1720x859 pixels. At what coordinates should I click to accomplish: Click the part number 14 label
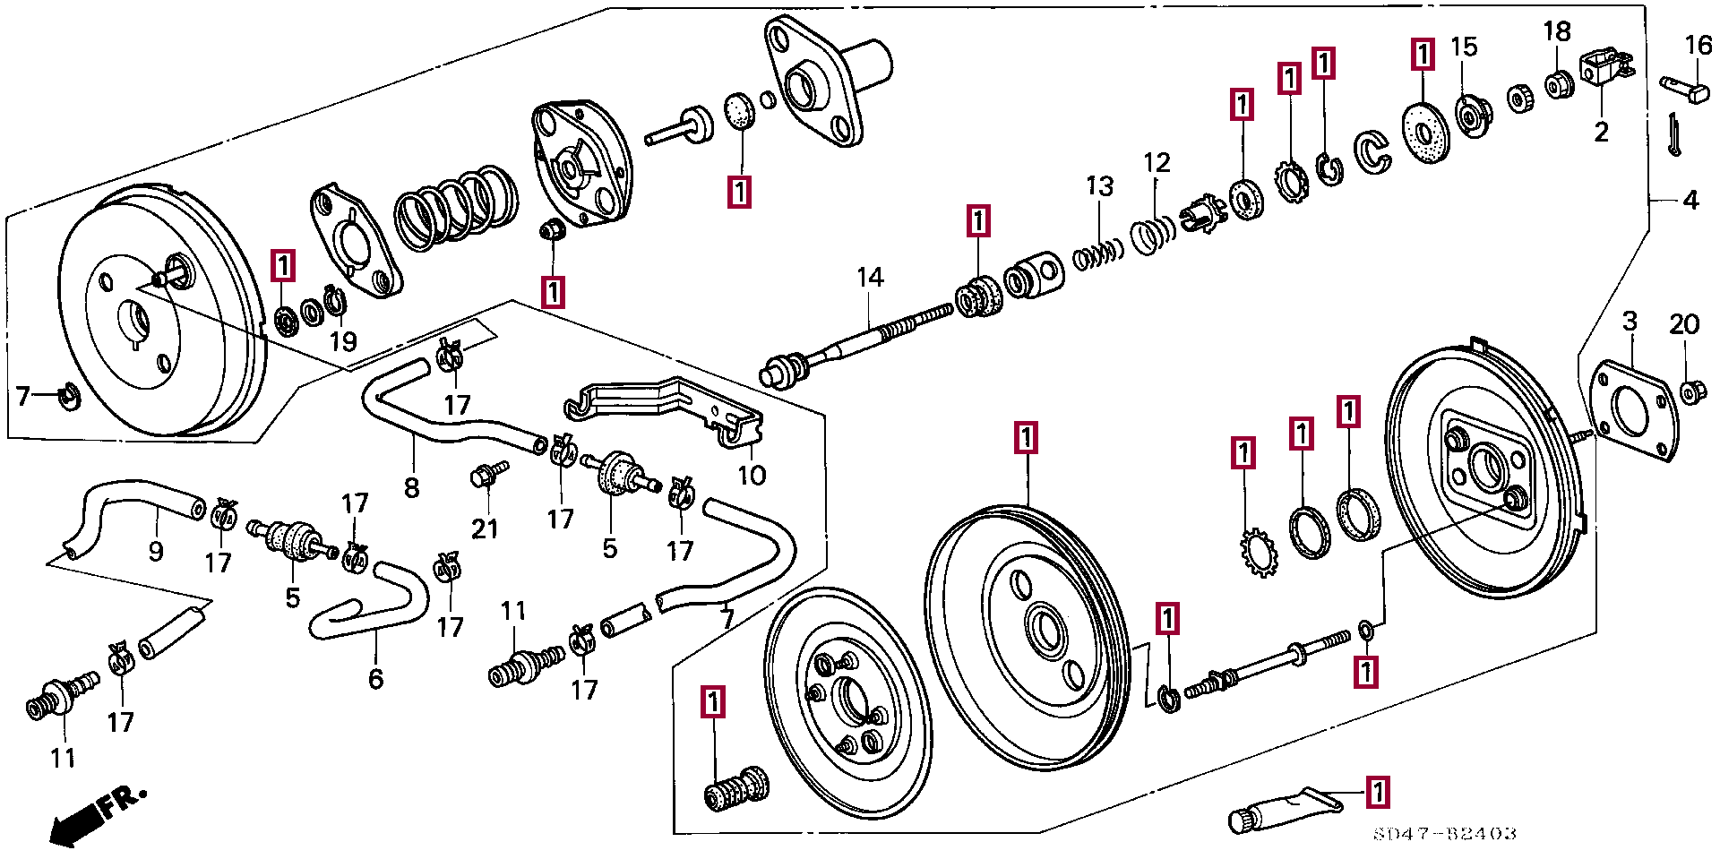(870, 278)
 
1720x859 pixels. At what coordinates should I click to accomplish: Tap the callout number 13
(1099, 186)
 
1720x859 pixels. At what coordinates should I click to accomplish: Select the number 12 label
(1157, 163)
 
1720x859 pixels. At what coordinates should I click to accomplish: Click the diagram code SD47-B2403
(1445, 834)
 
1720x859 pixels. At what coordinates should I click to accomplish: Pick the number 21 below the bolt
(485, 529)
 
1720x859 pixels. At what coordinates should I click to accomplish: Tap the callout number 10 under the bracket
(752, 476)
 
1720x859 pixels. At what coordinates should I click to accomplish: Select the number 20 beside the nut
(1684, 324)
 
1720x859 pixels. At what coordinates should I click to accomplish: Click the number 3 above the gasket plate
(1630, 322)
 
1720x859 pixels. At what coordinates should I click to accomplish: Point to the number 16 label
(1698, 45)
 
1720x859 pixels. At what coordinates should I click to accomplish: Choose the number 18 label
(1557, 32)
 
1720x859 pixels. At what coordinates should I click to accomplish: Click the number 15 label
(1464, 47)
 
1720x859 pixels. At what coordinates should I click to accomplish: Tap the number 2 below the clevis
(1601, 133)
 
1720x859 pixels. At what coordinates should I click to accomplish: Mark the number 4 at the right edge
(1690, 201)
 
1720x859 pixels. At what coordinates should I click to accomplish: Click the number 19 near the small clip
(343, 341)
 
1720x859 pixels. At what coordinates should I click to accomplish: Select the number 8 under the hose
(411, 488)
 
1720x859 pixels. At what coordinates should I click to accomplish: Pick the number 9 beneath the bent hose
(156, 551)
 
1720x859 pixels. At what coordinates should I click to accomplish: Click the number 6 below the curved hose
(376, 679)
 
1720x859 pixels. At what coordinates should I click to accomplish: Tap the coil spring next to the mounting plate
(456, 208)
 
